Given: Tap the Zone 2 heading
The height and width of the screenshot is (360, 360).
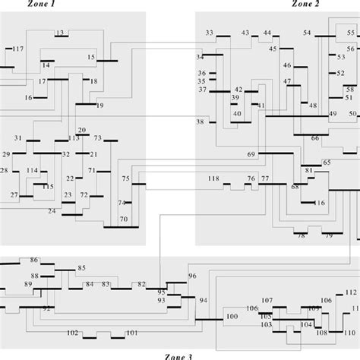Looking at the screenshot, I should point(305,5).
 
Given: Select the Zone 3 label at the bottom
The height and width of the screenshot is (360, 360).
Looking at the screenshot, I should point(180,355).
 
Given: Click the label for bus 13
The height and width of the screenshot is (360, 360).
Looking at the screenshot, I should point(59,33).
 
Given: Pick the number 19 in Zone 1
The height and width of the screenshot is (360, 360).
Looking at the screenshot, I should point(99,105).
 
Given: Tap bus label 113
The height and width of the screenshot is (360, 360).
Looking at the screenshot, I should point(73,139).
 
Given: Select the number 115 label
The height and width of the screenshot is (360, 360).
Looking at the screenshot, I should point(48,186).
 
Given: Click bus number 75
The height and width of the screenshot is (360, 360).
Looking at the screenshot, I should point(125,178).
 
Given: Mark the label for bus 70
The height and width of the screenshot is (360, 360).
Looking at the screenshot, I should point(123,219).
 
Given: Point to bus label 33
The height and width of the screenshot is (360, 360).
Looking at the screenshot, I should point(210,33).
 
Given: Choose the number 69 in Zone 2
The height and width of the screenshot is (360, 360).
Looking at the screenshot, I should point(251,155).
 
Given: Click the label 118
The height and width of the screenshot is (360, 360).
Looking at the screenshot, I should point(213,178).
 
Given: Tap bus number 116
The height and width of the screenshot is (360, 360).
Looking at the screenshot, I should point(319,203).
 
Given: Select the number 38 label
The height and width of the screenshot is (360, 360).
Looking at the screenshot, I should point(201,122).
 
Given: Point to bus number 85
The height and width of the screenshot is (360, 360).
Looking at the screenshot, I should point(82,268).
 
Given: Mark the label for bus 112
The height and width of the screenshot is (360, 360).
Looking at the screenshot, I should point(349,292).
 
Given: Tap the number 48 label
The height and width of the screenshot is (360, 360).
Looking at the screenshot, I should point(313,106).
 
